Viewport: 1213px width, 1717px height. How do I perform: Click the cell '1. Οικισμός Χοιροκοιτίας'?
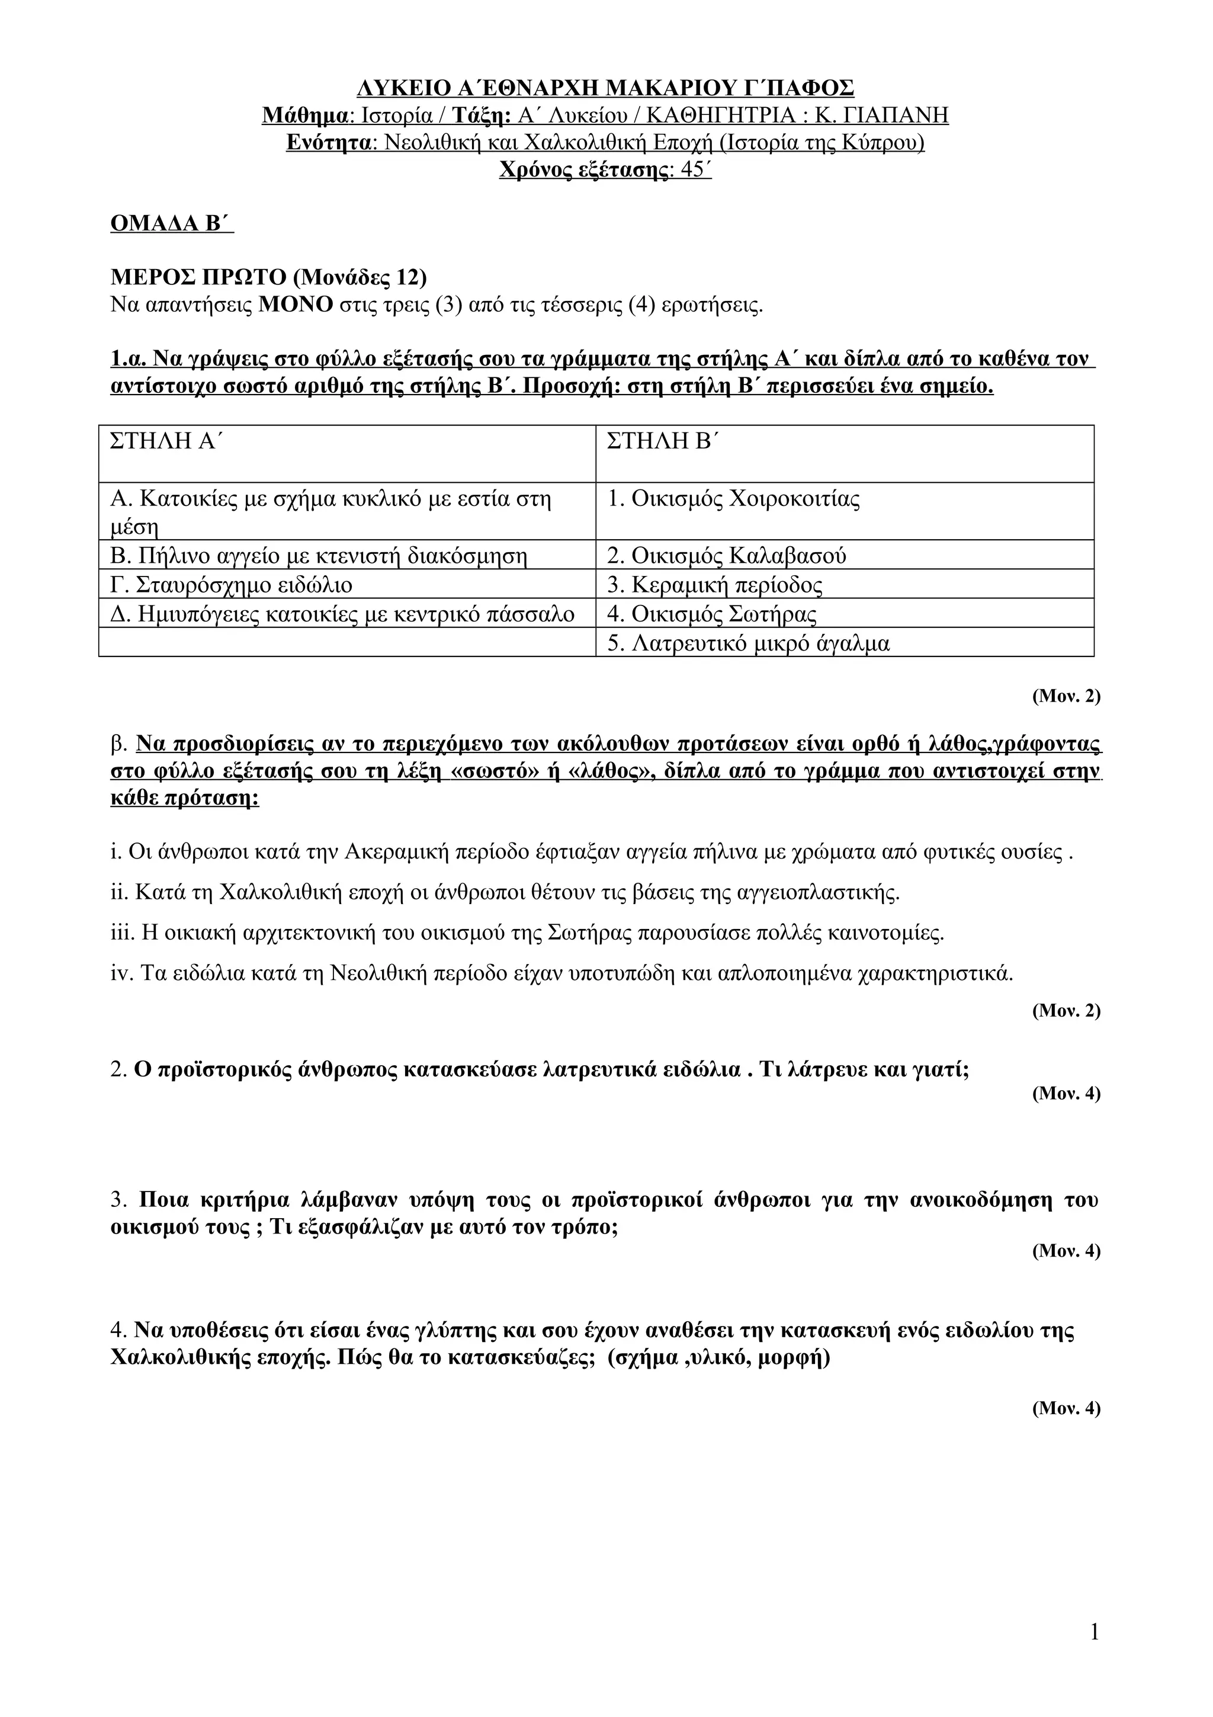[733, 498]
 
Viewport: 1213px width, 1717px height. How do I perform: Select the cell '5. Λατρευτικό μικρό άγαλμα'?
[748, 643]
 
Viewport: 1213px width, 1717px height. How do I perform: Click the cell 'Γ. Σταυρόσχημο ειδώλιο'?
[231, 584]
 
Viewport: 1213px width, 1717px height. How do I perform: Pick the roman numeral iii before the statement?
[120, 933]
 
